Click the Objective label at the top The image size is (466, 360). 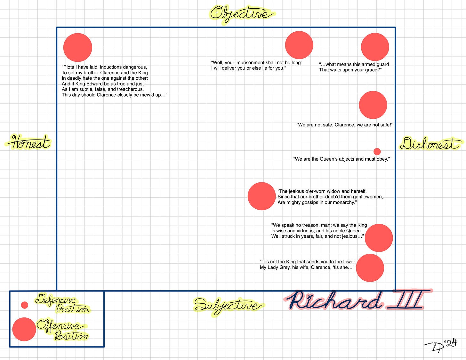click(242, 14)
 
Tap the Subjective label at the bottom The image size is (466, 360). click(228, 305)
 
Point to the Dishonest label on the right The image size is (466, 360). click(430, 144)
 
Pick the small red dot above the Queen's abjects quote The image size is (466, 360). click(377, 151)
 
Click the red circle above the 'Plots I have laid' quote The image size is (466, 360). click(78, 47)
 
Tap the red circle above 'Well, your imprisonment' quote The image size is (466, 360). click(299, 45)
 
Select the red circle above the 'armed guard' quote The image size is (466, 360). click(375, 47)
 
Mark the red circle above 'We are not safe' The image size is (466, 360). click(373, 105)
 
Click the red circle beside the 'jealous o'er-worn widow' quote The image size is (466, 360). click(261, 196)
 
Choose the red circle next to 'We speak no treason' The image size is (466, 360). click(379, 238)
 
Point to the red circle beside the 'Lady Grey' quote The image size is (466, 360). click(370, 268)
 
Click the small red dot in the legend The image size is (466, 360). click(25, 305)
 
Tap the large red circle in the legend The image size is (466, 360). click(24, 329)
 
